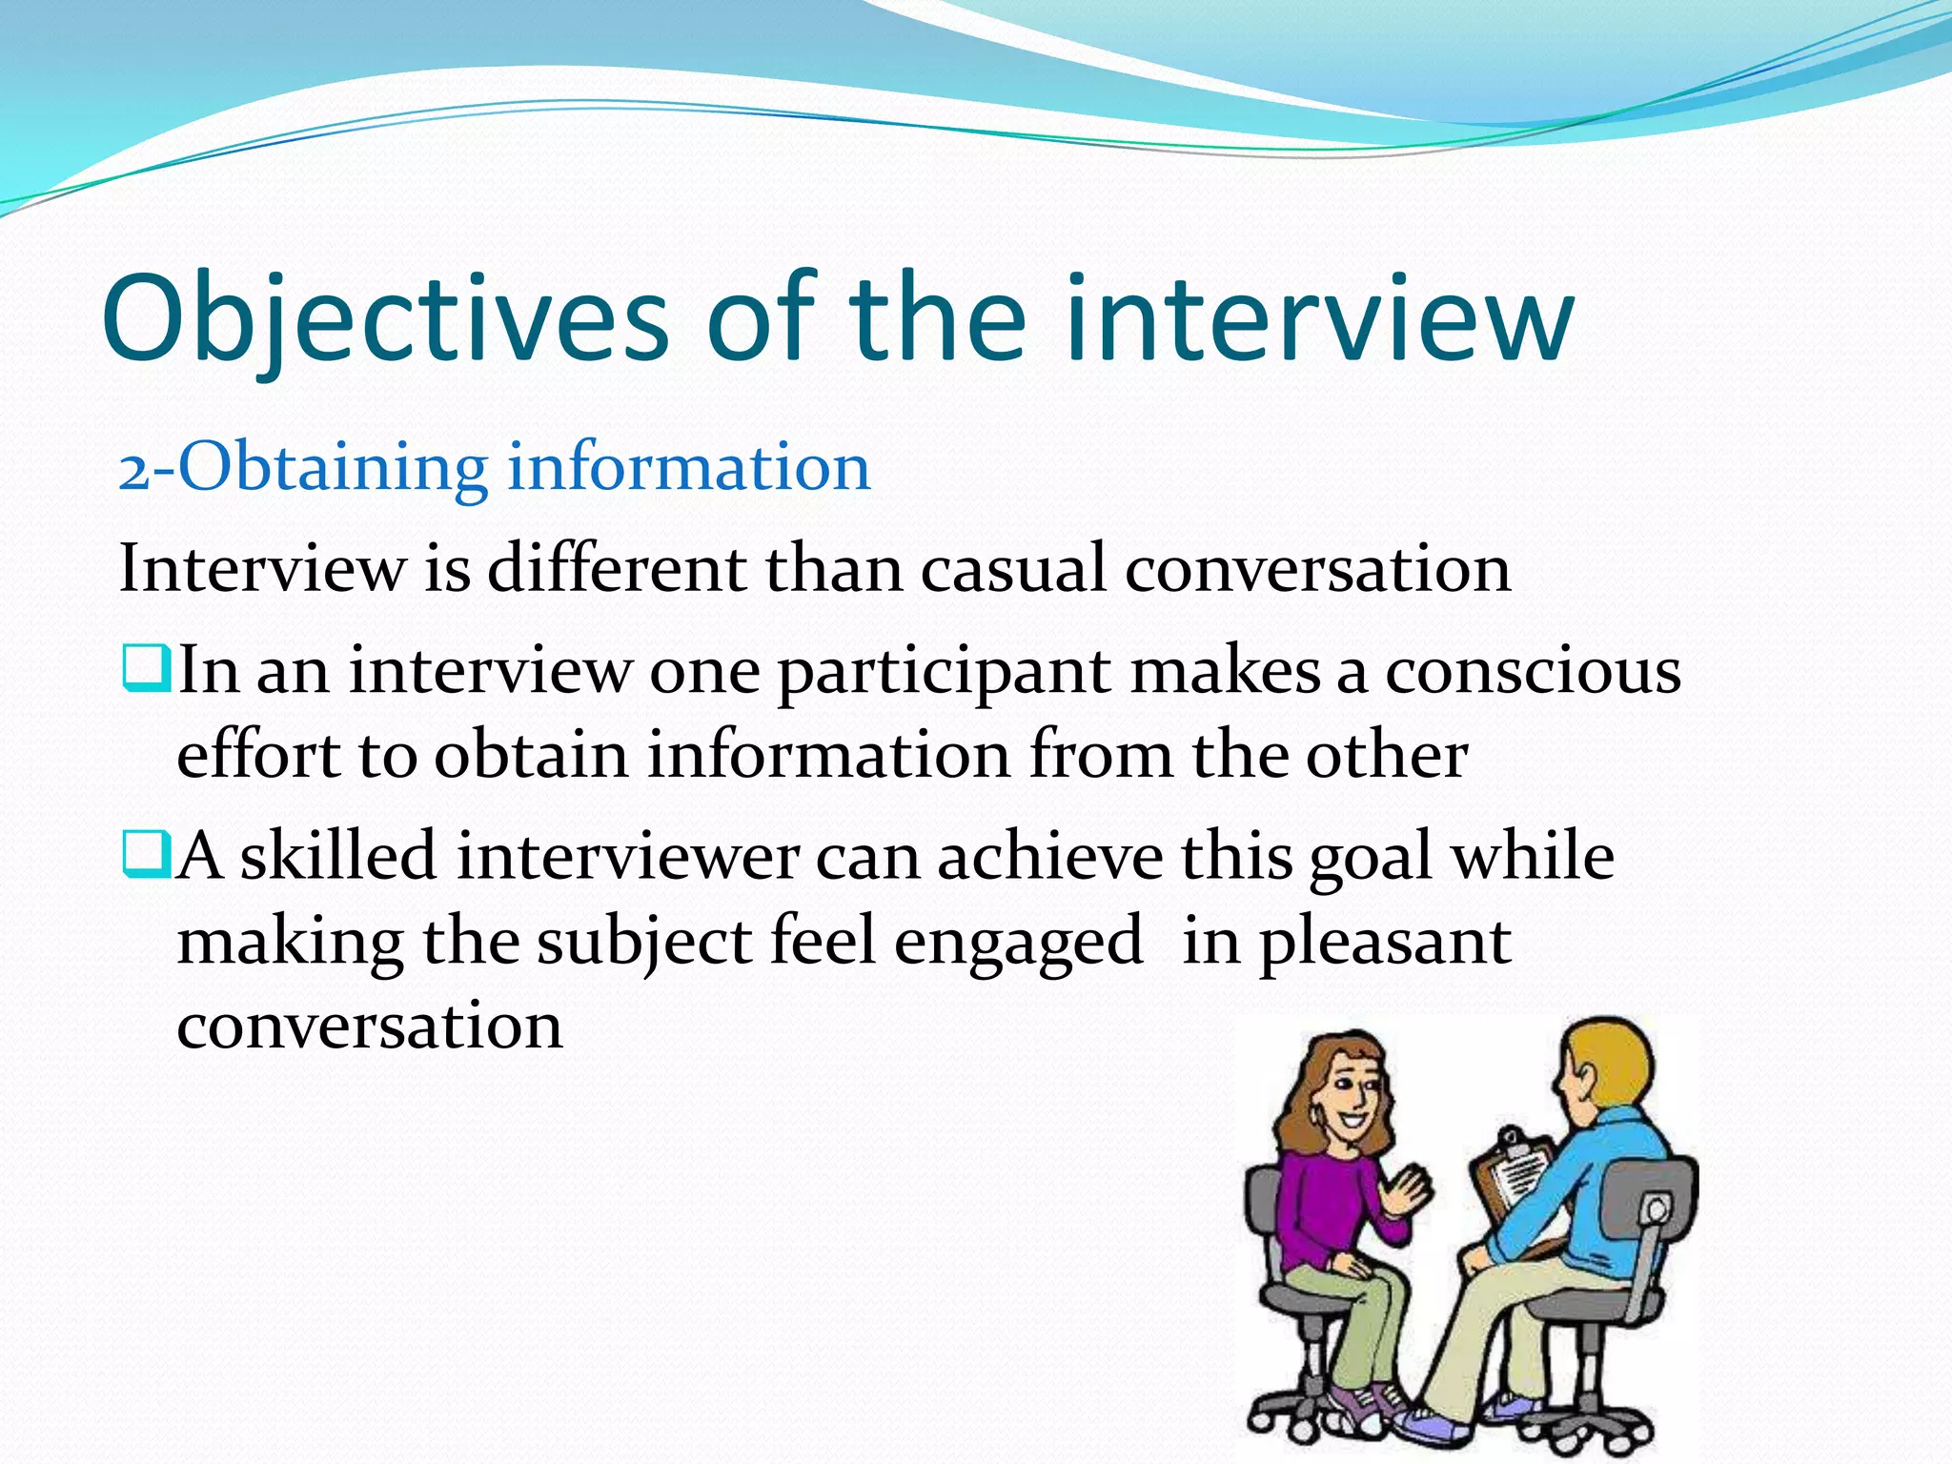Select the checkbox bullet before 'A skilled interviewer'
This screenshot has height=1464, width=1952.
click(146, 854)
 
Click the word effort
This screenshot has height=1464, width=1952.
click(258, 755)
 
